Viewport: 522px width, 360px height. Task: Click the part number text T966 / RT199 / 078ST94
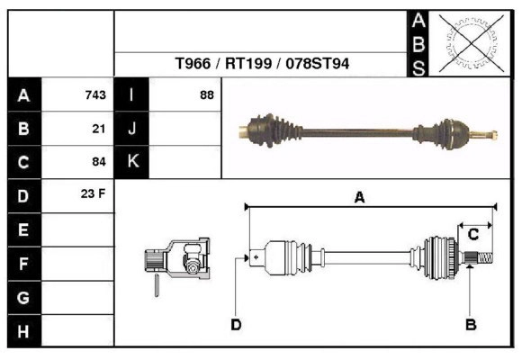coord(263,65)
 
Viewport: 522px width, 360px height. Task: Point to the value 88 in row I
coord(206,95)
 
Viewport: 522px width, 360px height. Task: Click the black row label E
coord(23,230)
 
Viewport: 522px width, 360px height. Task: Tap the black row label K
coord(132,162)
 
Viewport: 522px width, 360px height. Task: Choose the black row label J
coord(132,129)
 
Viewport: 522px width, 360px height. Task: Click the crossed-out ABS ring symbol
coord(466,42)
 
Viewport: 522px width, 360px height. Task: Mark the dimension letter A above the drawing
coord(359,198)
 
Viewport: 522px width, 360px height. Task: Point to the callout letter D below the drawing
coord(236,325)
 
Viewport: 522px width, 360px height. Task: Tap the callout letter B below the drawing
coord(470,325)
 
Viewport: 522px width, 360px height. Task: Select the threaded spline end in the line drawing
coord(481,260)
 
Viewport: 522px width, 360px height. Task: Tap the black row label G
coord(23,297)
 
